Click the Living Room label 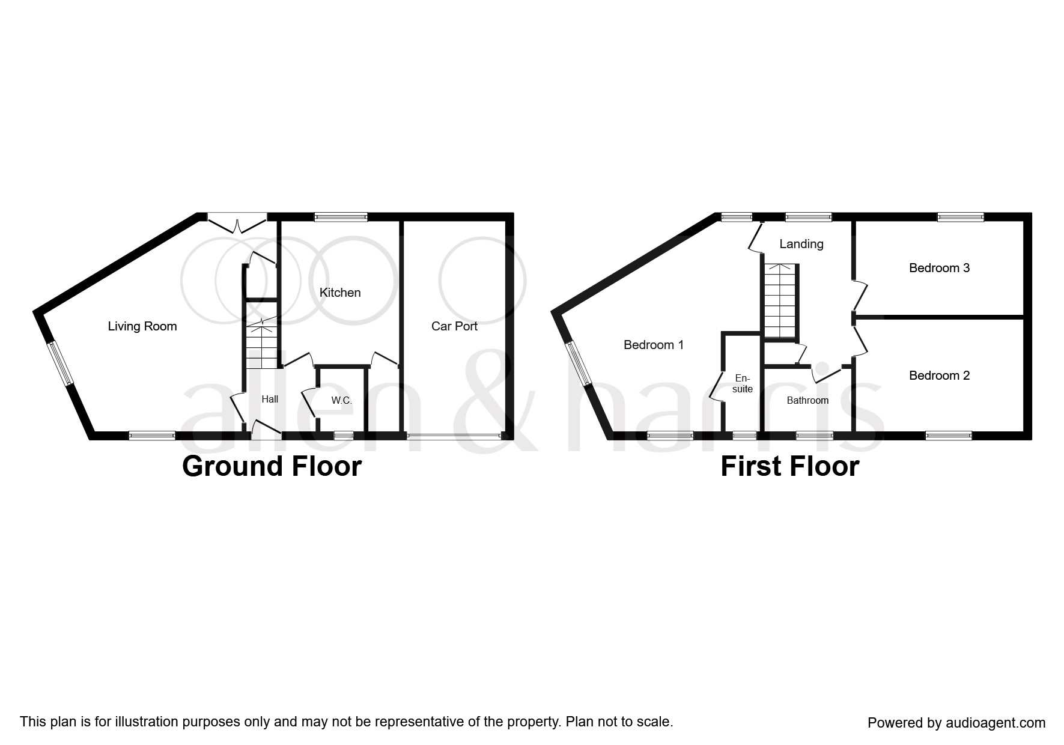[142, 326]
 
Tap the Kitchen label [340, 293]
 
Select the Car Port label [454, 326]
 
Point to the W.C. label [341, 401]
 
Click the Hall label [270, 399]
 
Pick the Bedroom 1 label [654, 345]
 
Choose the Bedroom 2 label [939, 376]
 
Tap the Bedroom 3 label [939, 268]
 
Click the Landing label [801, 244]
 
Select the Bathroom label [807, 400]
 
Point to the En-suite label [743, 383]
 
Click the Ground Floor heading [272, 466]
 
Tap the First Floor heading [789, 466]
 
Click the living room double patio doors [238, 222]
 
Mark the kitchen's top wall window [341, 217]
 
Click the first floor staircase [780, 300]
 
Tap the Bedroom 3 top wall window [961, 217]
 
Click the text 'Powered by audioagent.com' [956, 723]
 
